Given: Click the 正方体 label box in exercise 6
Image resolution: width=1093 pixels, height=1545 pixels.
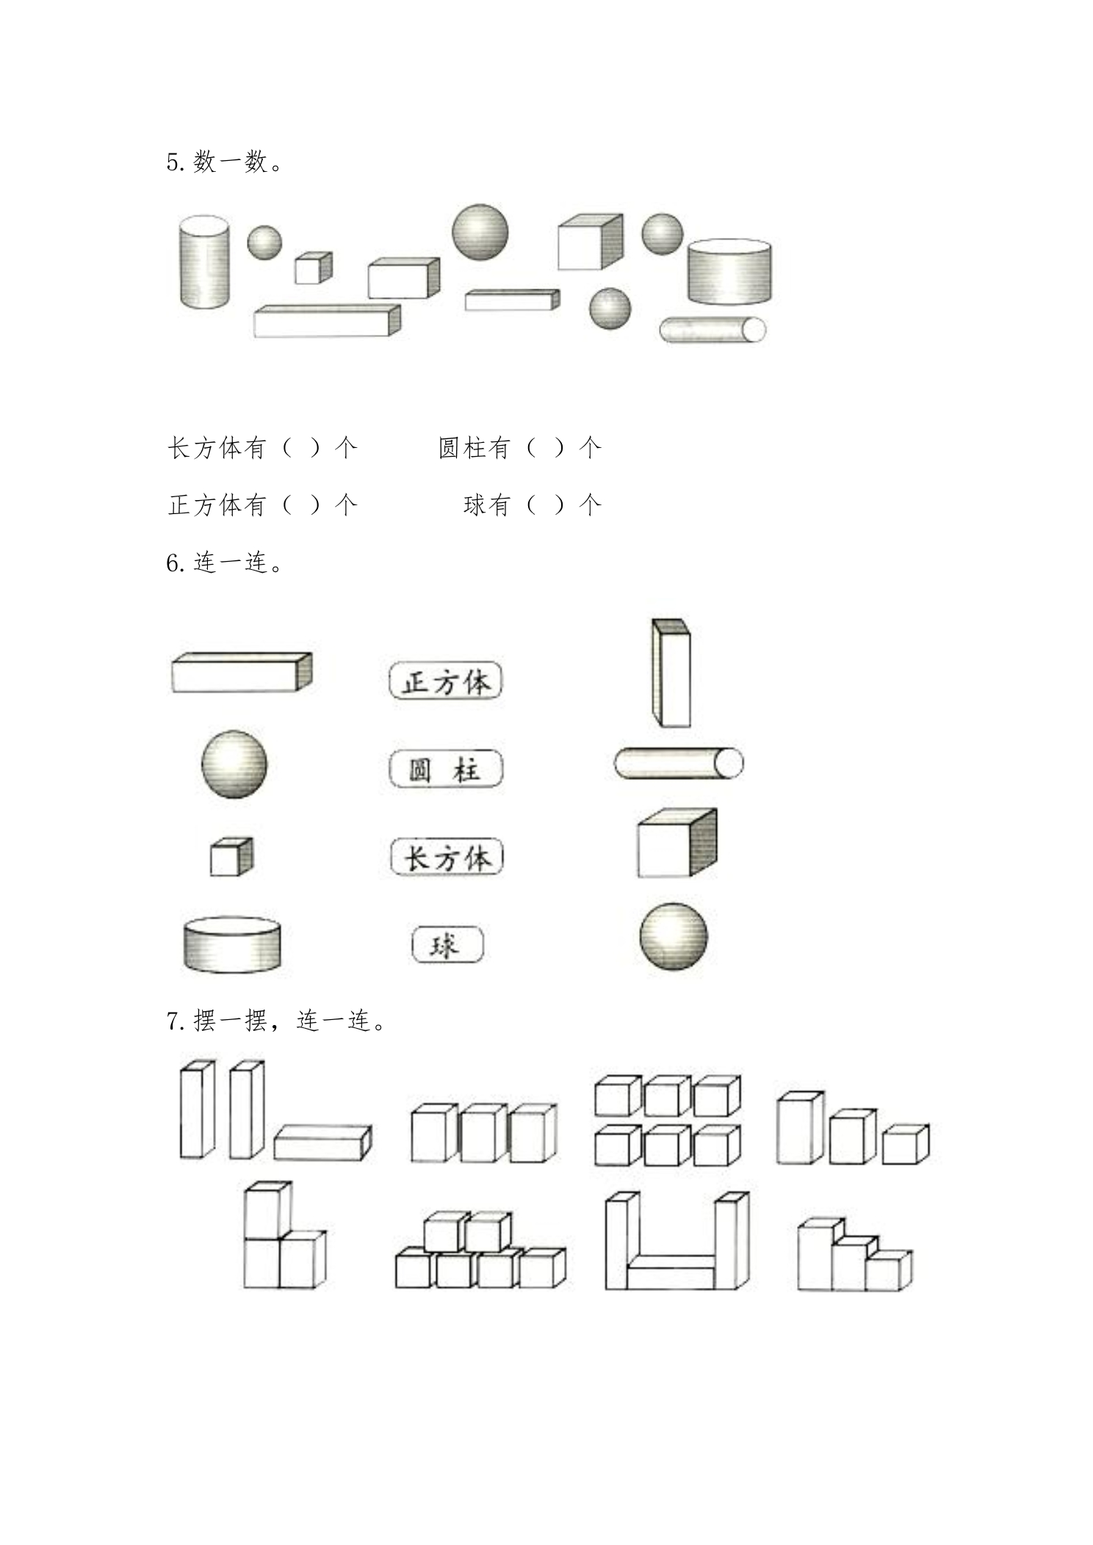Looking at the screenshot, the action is pos(445,681).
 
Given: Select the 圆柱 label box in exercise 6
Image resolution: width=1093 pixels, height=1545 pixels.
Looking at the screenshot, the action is pos(446,769).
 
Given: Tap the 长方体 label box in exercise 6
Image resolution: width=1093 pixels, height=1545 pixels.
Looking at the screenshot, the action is pos(446,857).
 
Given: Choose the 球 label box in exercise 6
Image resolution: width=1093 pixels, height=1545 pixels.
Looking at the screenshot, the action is pos(447,944).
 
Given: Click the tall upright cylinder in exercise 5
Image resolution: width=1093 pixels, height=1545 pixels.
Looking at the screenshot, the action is pos(203,262).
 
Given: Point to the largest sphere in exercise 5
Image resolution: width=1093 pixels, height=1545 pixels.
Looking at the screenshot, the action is pos(480,232).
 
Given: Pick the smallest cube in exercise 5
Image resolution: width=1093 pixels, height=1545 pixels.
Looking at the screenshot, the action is pos(313,267).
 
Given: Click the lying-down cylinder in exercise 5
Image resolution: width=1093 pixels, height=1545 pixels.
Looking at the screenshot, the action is pos(713,330).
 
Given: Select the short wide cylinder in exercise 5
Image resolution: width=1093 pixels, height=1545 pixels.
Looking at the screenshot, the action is pos(729,271).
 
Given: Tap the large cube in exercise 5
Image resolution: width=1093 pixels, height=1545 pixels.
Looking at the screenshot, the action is pos(590,242).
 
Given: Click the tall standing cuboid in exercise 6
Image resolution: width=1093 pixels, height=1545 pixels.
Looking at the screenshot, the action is pos(671,673).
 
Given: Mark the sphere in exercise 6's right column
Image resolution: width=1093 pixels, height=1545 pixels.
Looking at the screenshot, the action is pos(674,936).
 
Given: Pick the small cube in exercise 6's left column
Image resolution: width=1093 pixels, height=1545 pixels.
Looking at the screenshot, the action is pos(231,856).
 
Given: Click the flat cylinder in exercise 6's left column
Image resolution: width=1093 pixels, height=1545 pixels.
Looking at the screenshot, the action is pos(232,944).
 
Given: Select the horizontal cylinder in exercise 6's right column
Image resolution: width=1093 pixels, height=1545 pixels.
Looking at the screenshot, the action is pos(679,763).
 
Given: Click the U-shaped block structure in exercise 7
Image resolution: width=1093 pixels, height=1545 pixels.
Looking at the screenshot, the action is pos(677,1241).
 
